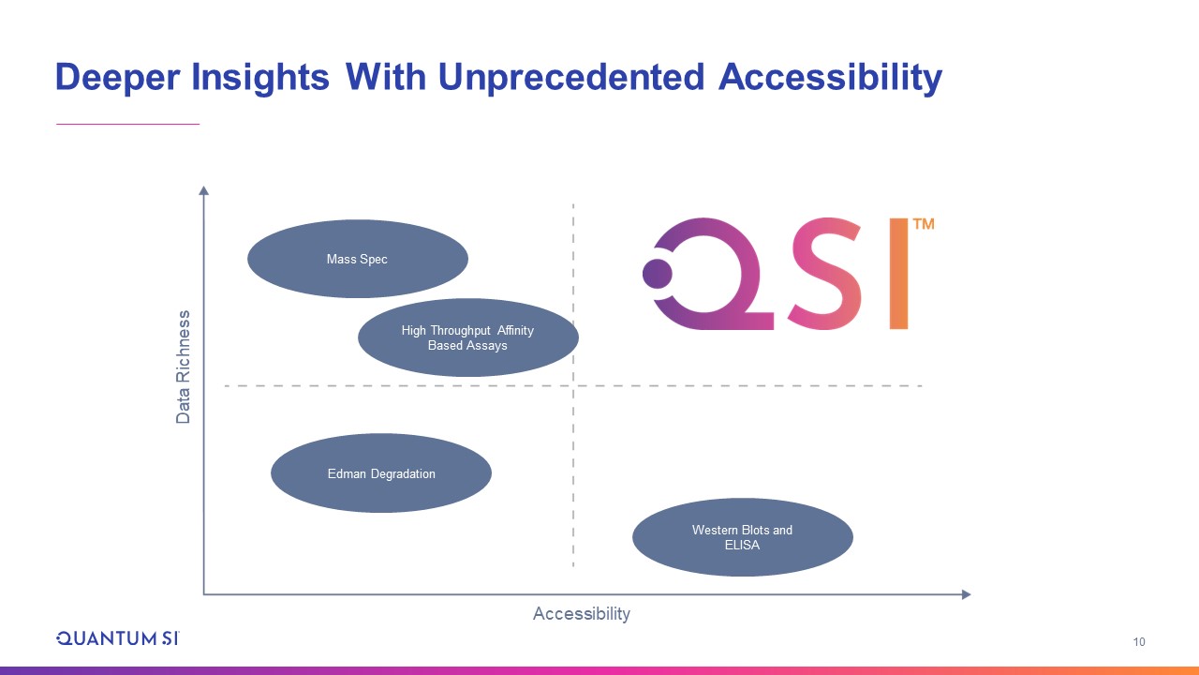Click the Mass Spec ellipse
coord(358,259)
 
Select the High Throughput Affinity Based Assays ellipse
coord(468,337)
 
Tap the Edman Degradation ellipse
coord(381,473)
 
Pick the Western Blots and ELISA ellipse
coord(743,537)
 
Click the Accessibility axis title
coord(582,614)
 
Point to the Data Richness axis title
coord(183,367)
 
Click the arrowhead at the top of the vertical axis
coord(203,190)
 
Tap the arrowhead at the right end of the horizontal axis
coord(966,594)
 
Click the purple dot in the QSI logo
coord(658,274)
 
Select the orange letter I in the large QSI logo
coord(898,273)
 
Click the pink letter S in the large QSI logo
coord(825,273)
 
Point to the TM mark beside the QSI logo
coord(924,224)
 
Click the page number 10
coord(1139,642)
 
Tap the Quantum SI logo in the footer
coord(118,638)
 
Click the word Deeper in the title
coord(118,78)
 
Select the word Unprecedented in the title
coord(571,77)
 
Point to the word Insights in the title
coord(260,77)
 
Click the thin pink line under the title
coord(128,125)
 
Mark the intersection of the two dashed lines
coord(573,385)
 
